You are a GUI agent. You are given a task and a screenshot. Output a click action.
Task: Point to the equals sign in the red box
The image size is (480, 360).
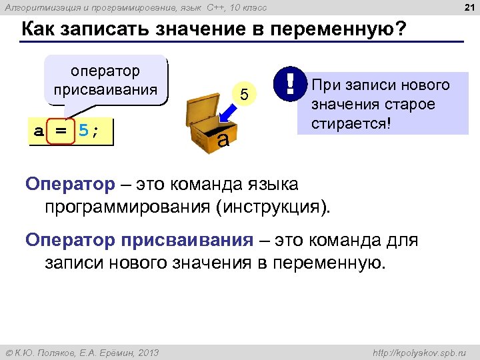[x=61, y=130]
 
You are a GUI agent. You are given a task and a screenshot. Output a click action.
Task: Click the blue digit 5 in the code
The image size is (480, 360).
[x=83, y=130]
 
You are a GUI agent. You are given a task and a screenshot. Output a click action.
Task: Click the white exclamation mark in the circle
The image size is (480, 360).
[x=290, y=83]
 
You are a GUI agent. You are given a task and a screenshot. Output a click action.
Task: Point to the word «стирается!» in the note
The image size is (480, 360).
[x=350, y=125]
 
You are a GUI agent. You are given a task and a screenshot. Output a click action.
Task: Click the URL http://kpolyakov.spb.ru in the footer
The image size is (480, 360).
[x=423, y=352]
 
